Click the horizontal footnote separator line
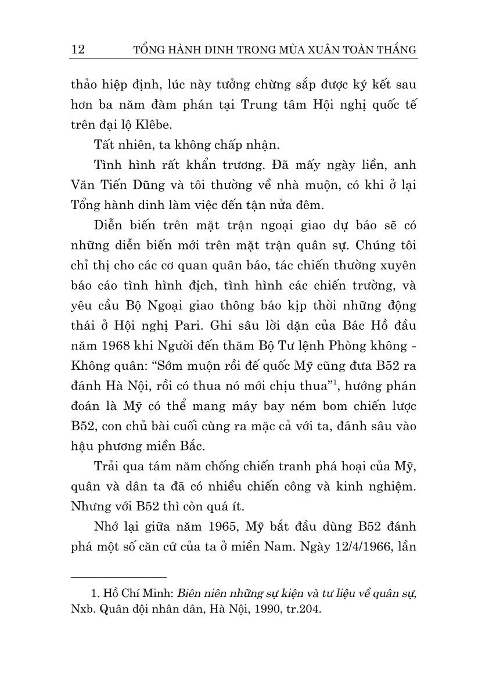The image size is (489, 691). coord(118,577)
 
